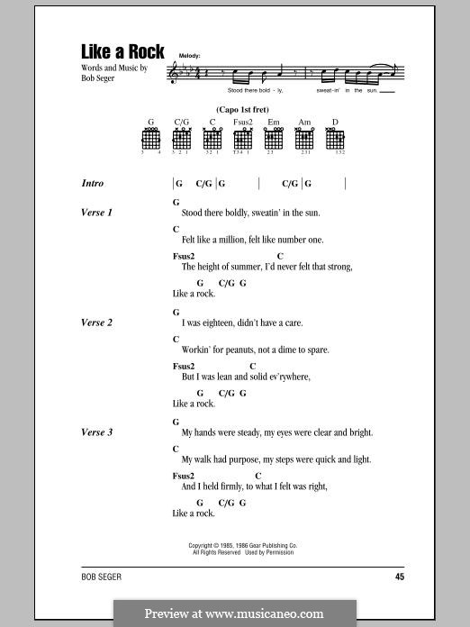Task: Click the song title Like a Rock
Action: (122, 52)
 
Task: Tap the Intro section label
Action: (93, 183)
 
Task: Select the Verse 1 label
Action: (96, 213)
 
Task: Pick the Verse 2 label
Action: (96, 323)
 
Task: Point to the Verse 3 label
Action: (96, 432)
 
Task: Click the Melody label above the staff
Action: (190, 56)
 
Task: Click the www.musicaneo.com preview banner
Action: (234, 613)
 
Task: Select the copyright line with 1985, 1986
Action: (243, 545)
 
